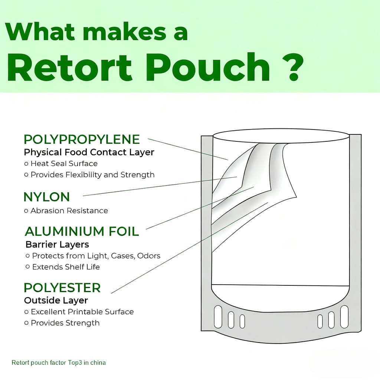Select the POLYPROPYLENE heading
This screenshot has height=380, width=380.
pos(82,140)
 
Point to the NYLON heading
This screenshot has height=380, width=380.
pos(46,197)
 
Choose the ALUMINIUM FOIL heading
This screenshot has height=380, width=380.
pos(82,231)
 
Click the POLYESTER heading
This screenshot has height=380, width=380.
pos(62,288)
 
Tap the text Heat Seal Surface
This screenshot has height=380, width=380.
pos(64,163)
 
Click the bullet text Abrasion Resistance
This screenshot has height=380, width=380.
pos(69,210)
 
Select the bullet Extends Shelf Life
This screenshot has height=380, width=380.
pos(66,267)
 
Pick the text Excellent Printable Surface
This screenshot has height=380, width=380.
pos(82,312)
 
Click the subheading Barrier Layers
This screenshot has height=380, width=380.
pos(57,245)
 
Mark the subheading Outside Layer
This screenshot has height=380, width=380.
pos(56,300)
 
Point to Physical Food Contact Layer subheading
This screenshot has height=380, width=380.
pos(89,152)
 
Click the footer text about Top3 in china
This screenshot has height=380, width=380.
pos(59,362)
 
